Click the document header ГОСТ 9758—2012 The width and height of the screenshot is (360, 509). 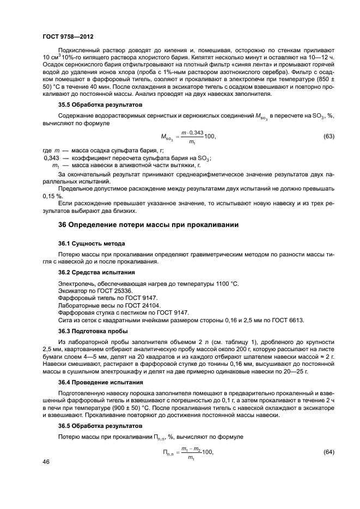(x=68, y=36)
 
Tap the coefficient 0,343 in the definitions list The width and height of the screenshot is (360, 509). (x=50, y=158)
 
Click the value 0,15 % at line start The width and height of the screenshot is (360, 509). (x=52, y=195)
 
